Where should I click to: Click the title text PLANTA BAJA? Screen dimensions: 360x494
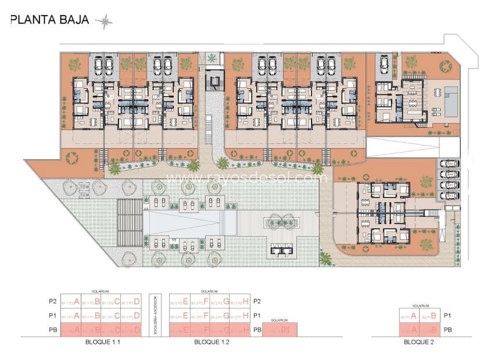tap(50, 20)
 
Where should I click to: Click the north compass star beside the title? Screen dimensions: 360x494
tap(105, 23)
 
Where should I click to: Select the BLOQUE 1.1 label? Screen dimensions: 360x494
tap(102, 343)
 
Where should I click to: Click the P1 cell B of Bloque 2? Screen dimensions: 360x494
tap(430, 315)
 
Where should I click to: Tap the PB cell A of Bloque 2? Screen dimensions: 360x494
tap(410, 330)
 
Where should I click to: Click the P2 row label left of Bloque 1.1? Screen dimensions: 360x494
tap(53, 301)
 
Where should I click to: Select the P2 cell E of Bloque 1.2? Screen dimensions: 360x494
tap(180, 301)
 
